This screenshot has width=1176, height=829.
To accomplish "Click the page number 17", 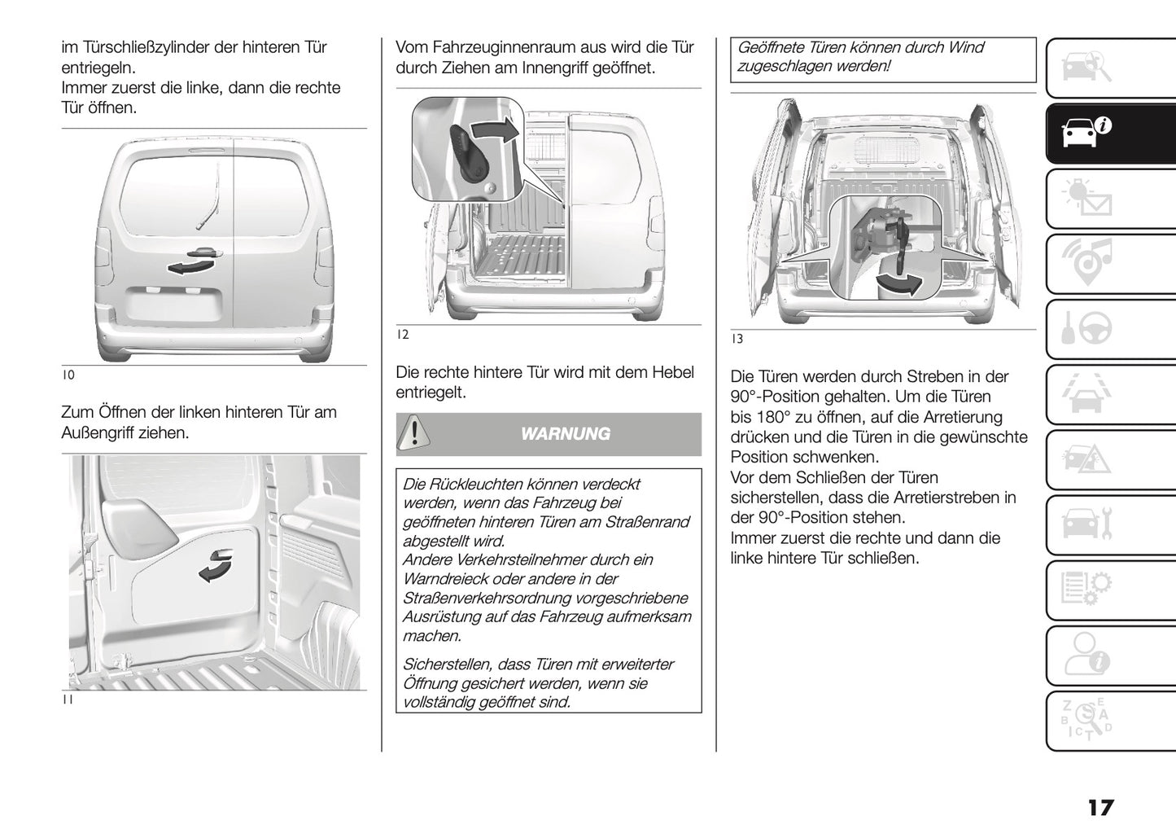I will [1099, 808].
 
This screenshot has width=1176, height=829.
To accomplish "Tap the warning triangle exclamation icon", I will [413, 432].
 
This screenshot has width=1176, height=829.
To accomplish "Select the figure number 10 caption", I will [68, 375].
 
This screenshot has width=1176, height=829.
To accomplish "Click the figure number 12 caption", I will [403, 334].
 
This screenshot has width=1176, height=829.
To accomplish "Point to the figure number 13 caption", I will [737, 339].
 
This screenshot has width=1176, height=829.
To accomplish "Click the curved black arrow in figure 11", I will [216, 566].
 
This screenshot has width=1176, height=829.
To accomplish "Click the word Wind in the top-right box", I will [966, 47].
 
